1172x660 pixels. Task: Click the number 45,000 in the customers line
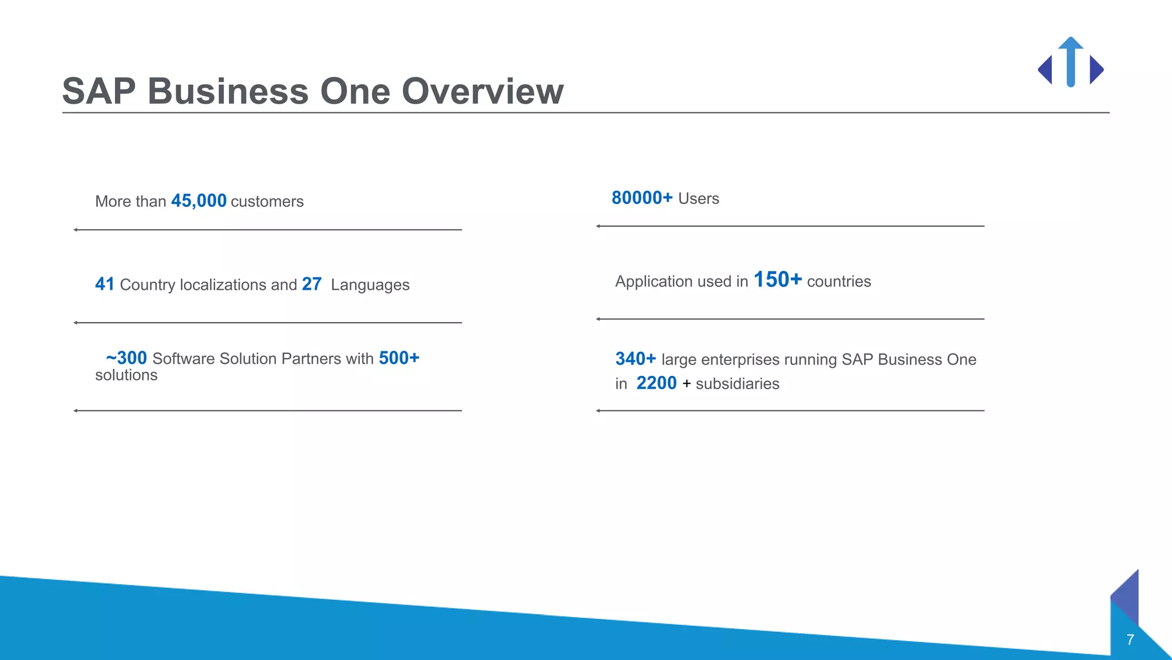(199, 201)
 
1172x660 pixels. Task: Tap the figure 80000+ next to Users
(642, 198)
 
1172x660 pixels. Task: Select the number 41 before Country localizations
(105, 284)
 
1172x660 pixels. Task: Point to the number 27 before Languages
(312, 284)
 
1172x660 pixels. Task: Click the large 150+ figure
(777, 280)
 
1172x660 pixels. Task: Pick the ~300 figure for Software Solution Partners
(126, 358)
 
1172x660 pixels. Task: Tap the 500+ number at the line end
(399, 358)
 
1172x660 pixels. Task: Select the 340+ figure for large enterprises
(635, 359)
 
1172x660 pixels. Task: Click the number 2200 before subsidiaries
(656, 383)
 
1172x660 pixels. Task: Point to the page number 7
(1130, 640)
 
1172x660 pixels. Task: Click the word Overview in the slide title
(482, 91)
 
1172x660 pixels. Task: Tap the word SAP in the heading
(99, 91)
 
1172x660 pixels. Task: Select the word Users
(698, 199)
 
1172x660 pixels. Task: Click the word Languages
(370, 285)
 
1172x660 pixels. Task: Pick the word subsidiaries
(737, 384)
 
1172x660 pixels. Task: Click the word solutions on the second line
(126, 375)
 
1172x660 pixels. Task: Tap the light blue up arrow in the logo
(1071, 61)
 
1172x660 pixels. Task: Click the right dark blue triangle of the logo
(1095, 70)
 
